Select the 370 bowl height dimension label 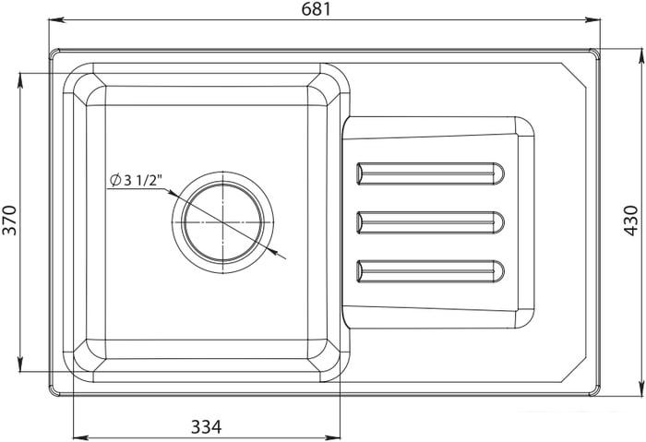coord(10,219)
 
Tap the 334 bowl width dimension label coord(206,426)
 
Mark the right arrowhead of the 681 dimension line coord(594,19)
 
